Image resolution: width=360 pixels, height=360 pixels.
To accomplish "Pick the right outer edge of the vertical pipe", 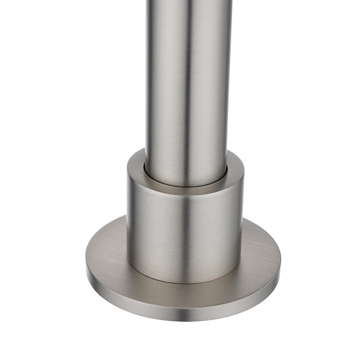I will click(231, 90).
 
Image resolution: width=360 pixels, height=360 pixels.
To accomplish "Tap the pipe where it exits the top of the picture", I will click(189, 2).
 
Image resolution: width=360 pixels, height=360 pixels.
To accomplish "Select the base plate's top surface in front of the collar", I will click(184, 295).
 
